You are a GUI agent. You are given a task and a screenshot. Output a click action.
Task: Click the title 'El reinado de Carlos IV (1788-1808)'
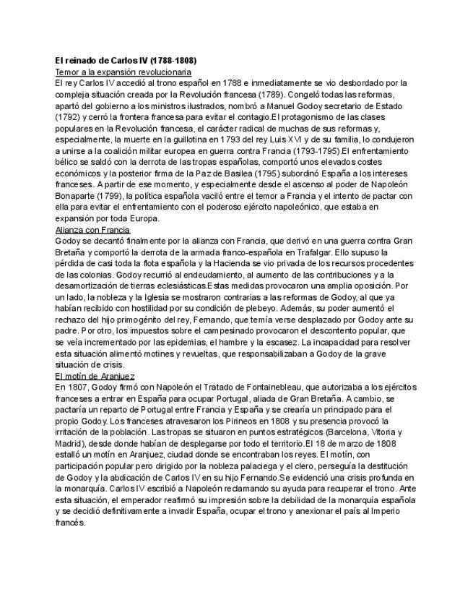tap(126, 61)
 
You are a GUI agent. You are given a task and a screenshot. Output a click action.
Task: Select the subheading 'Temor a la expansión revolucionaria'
tap(123, 72)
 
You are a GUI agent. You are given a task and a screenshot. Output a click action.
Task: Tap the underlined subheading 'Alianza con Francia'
tap(92, 229)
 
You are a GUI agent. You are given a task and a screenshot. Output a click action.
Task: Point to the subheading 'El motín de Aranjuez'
tap(95, 376)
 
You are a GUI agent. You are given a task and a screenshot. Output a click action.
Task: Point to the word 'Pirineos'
tap(253, 421)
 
